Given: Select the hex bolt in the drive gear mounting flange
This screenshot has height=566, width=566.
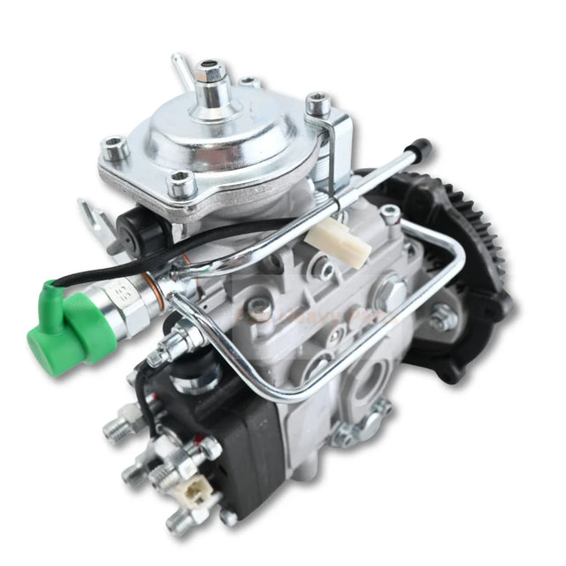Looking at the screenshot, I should point(440,323).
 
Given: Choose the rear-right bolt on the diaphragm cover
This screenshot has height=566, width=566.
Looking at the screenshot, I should point(317,106).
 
